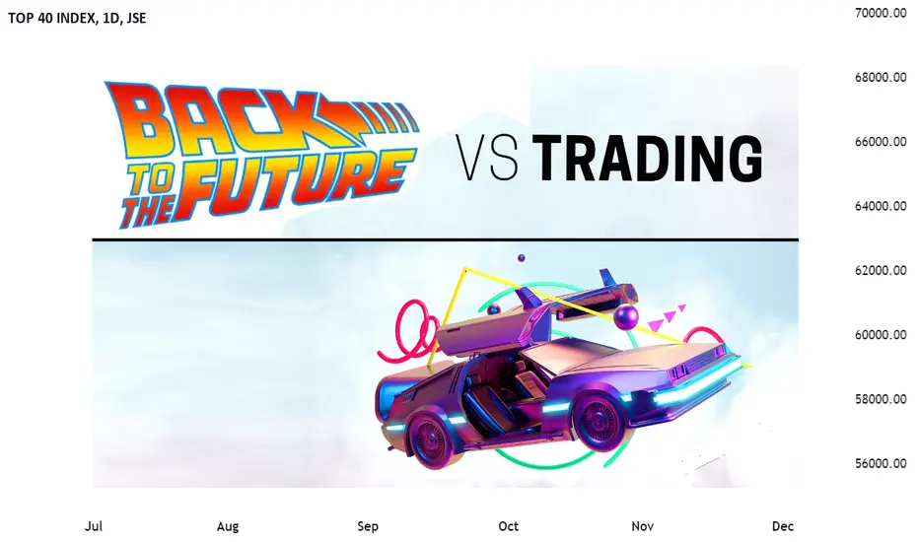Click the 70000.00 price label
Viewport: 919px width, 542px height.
(x=881, y=13)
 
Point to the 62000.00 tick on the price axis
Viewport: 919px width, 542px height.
(x=881, y=270)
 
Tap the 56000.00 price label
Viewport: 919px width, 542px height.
(x=881, y=463)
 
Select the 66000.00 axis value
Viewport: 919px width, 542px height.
(x=881, y=142)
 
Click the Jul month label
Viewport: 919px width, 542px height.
(x=94, y=526)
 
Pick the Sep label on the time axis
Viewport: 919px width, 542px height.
(x=368, y=527)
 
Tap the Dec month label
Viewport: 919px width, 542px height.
(x=783, y=526)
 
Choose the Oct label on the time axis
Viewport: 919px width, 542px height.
(x=508, y=526)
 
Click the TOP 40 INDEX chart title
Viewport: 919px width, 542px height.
(x=77, y=18)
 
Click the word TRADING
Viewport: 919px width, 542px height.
(x=651, y=158)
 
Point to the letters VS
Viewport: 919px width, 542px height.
(x=488, y=158)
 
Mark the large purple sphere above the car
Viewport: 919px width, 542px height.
(x=626, y=317)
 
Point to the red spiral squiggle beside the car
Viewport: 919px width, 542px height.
(x=410, y=329)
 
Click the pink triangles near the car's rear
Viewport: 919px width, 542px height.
(x=666, y=317)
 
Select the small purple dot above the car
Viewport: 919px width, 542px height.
(x=521, y=258)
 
